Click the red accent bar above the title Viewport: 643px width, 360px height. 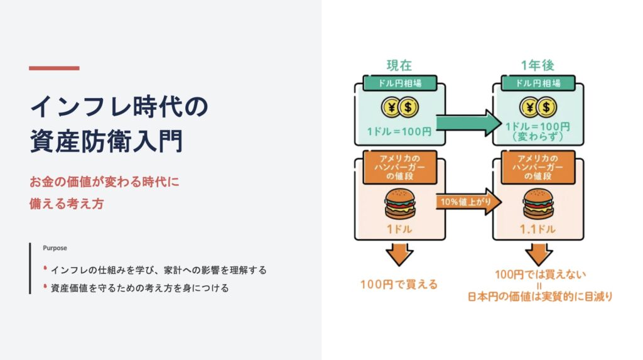pos(54,68)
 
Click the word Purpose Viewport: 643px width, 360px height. pos(55,248)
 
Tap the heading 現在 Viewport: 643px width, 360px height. pos(399,65)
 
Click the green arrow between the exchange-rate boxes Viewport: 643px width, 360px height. pos(467,123)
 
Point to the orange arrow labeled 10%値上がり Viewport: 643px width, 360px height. pos(468,202)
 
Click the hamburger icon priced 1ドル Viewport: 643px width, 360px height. pos(400,203)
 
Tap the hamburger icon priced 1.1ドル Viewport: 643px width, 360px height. pos(538,203)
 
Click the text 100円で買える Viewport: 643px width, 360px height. pos(398,284)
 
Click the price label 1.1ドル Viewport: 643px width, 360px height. pos(538,229)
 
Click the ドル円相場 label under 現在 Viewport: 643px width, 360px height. pos(399,83)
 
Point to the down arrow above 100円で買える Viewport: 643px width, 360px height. pos(399,254)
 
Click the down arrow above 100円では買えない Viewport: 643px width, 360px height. pos(538,254)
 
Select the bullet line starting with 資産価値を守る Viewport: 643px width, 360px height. pos(139,288)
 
